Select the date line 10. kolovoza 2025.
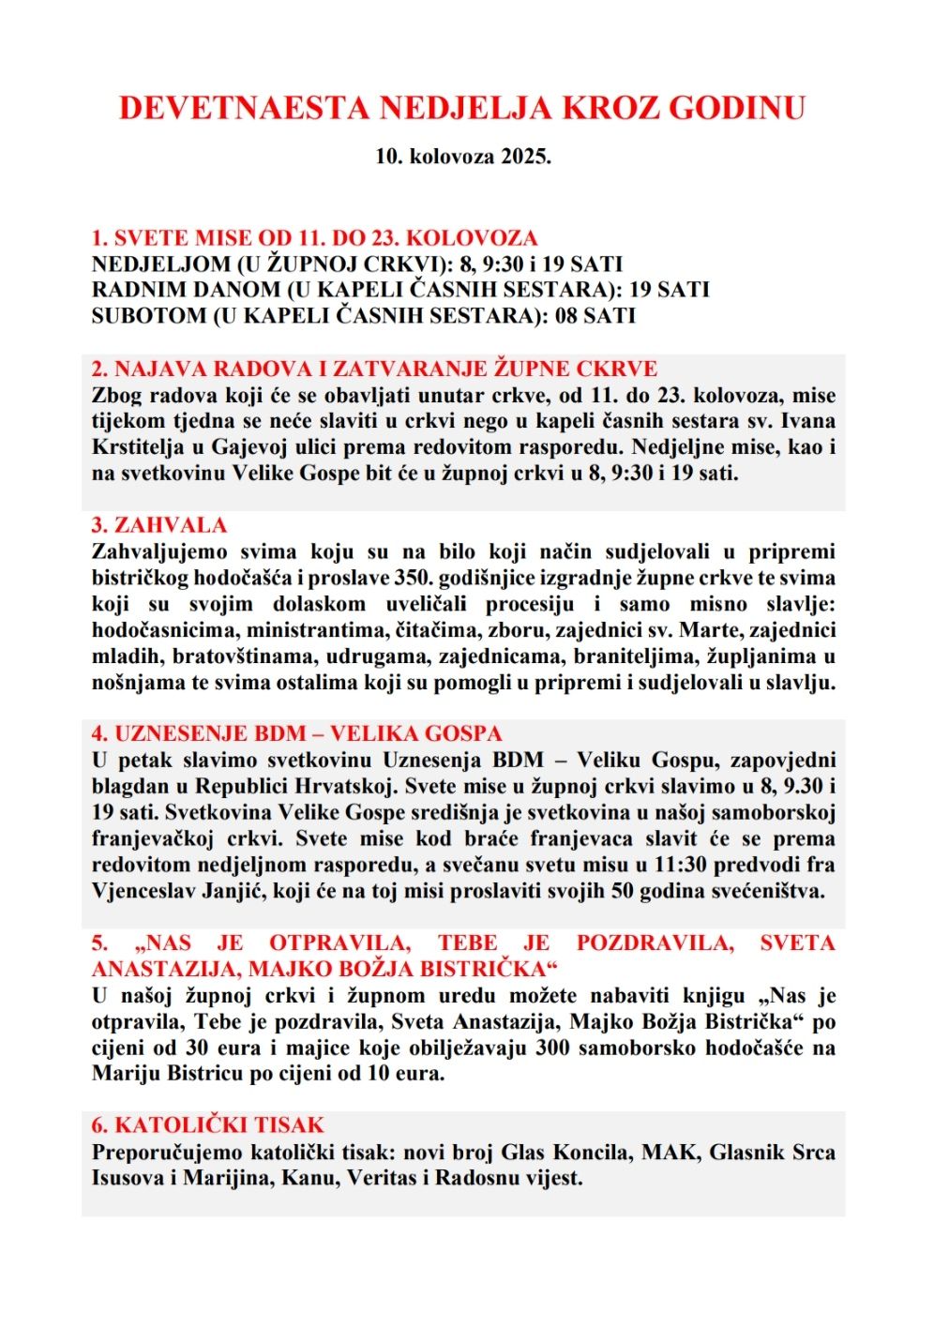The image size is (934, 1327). point(463,157)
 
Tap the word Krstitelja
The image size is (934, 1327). point(139,447)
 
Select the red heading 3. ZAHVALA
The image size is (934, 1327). point(159,525)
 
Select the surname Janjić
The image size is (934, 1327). point(233,891)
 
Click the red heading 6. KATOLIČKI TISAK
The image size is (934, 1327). point(208,1125)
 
